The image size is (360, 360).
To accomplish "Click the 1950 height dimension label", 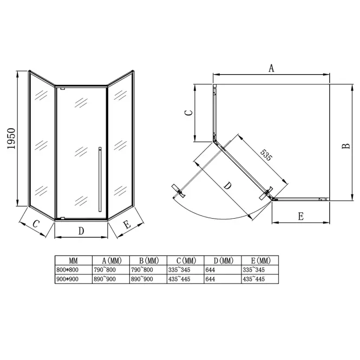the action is point(11,139).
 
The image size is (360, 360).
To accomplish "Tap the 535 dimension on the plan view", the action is point(266,155).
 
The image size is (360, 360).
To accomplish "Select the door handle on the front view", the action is point(100,179).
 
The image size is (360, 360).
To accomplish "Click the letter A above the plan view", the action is point(271,68).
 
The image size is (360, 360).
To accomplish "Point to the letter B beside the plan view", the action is point(346,146).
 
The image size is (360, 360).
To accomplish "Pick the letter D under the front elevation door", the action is point(81,231).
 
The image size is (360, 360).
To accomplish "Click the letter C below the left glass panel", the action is point(36,224).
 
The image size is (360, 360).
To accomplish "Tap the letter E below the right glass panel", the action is point(127,224).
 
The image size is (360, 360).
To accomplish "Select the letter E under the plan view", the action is point(300,217).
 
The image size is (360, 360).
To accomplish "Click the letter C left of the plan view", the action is point(189,113).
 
